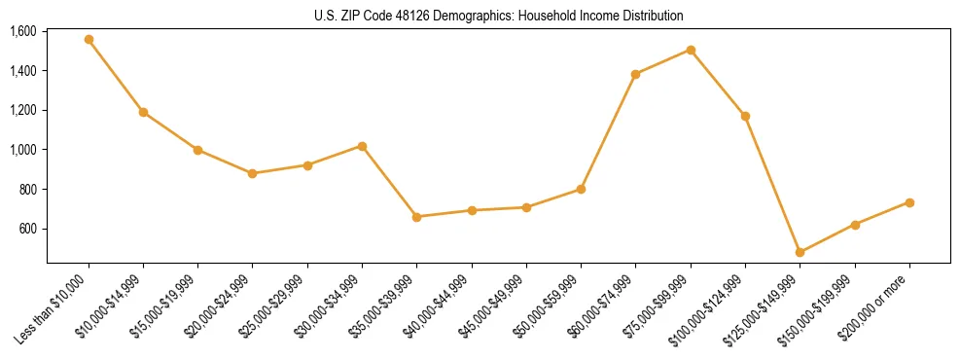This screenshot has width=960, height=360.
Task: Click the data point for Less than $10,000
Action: coord(89,40)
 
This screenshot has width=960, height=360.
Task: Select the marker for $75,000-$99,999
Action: coord(691,50)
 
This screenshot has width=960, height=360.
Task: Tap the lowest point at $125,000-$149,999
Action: coord(800,252)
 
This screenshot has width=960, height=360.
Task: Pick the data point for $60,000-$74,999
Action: coord(635,74)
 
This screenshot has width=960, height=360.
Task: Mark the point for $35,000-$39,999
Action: coord(416,217)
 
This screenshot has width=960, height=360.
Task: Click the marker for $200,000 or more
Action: coord(909,202)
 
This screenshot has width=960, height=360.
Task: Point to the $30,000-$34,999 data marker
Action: coord(362,146)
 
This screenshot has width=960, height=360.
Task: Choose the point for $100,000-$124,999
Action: coord(745,116)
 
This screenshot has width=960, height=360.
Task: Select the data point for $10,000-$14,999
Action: coord(143,112)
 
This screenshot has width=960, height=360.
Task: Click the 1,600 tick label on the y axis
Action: coord(22,31)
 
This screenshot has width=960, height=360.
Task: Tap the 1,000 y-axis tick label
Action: coord(22,150)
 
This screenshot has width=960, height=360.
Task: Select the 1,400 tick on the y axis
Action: coord(22,71)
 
